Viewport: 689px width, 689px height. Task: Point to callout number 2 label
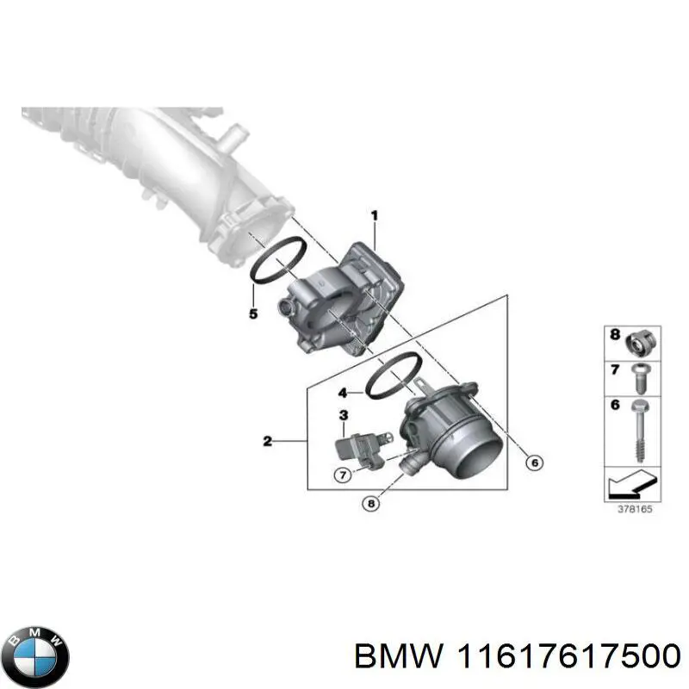tap(267, 442)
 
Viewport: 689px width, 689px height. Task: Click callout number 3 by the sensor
tap(343, 415)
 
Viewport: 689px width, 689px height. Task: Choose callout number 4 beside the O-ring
tap(342, 393)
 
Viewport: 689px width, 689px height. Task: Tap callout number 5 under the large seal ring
tap(253, 313)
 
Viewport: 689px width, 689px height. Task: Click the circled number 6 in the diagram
tap(533, 463)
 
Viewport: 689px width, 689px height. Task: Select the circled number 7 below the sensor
tap(342, 474)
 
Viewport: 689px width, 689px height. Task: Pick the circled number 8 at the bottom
tap(371, 505)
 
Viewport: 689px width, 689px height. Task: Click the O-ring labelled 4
tap(393, 376)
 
